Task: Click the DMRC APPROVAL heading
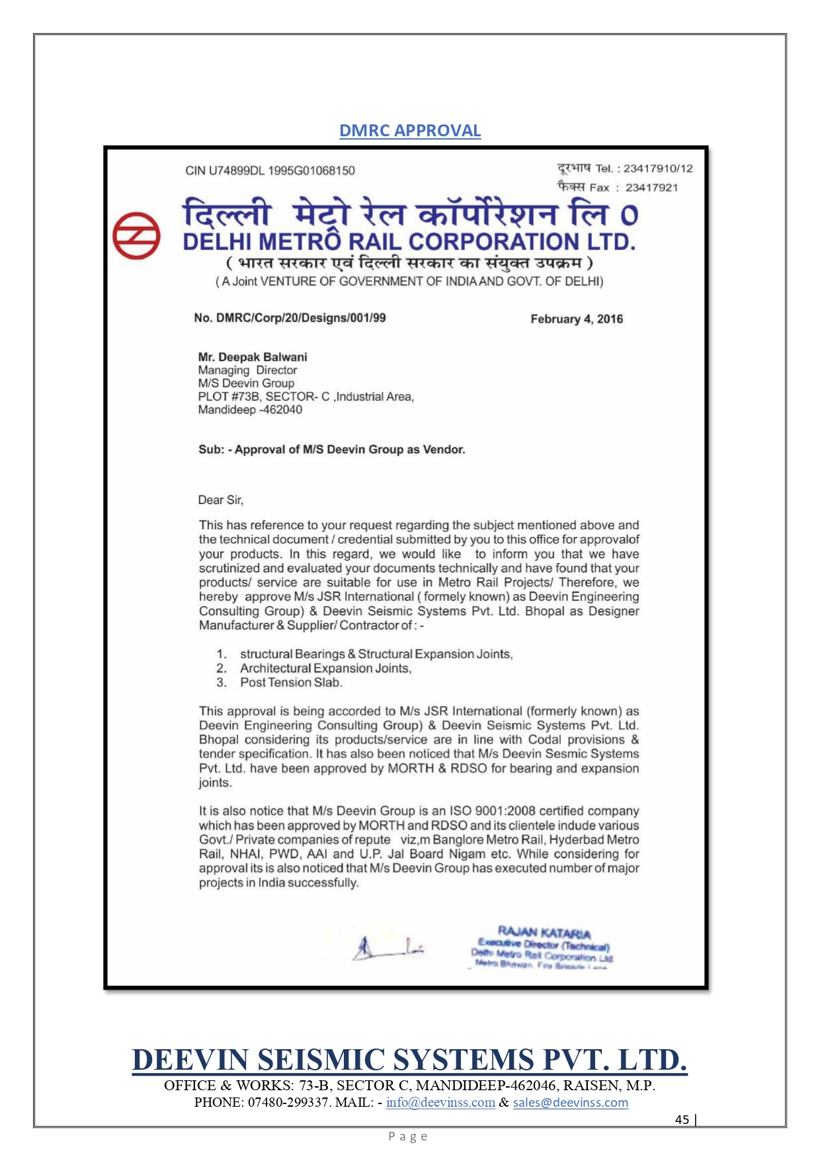point(410,130)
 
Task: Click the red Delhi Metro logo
point(136,236)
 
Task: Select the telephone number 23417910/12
point(658,169)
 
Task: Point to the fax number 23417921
point(651,188)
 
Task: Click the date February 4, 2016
point(577,319)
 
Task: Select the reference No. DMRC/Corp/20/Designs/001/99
point(290,318)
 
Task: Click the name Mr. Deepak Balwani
point(253,357)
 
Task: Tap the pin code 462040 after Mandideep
point(283,410)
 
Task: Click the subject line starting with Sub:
point(332,450)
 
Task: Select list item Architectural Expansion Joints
point(325,668)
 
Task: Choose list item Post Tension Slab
point(291,683)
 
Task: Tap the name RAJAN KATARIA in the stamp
point(544,933)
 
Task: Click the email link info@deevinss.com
point(440,1102)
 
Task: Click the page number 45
point(682,1119)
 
